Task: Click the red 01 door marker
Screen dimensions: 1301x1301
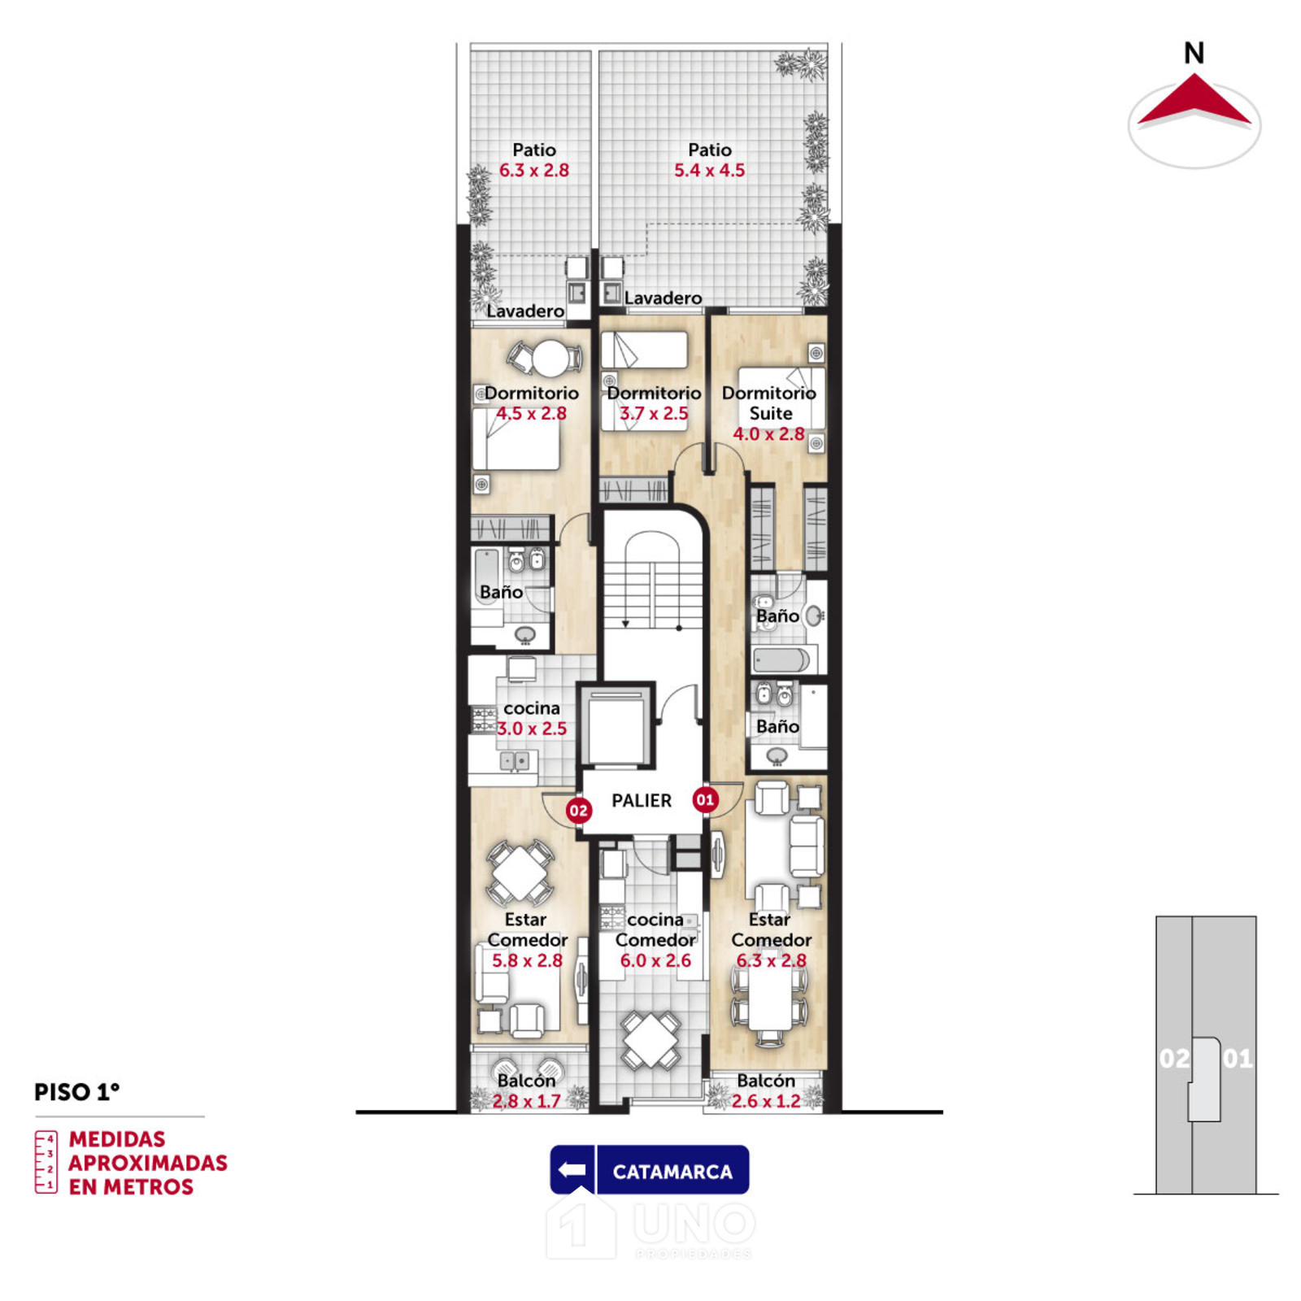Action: (705, 799)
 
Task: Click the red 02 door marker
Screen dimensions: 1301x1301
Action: (578, 810)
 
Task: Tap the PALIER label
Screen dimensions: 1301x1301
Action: (642, 801)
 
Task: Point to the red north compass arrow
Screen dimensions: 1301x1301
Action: (1194, 101)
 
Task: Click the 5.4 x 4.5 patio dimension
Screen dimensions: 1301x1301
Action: (709, 171)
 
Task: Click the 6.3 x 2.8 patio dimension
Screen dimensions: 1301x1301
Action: (533, 171)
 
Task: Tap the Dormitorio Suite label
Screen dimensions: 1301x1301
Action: (769, 403)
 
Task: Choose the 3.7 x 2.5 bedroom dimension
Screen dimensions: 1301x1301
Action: (654, 413)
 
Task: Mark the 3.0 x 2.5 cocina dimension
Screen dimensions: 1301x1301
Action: (532, 729)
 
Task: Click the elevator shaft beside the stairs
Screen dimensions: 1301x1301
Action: (616, 725)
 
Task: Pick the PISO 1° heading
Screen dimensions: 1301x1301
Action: (76, 1092)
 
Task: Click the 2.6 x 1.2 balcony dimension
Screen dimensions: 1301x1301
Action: (766, 1101)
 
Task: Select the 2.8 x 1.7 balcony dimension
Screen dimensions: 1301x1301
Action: (526, 1101)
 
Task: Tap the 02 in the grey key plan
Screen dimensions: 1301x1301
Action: (1174, 1059)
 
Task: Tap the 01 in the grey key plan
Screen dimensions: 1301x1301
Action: (1238, 1059)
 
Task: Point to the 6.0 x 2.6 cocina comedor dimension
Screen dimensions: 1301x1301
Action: (655, 960)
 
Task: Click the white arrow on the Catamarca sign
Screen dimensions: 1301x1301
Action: (573, 1170)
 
